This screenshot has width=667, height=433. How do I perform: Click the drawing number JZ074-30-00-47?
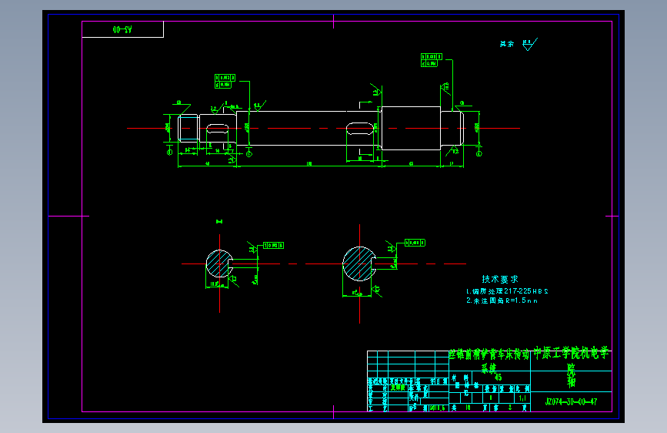click(x=571, y=401)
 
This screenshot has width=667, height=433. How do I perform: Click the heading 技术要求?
click(x=500, y=279)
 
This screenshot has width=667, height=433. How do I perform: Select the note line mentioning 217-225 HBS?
click(x=508, y=291)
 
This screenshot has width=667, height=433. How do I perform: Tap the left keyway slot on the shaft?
click(x=217, y=128)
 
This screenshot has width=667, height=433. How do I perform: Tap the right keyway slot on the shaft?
click(x=359, y=128)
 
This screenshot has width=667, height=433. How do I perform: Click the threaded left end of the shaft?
click(x=188, y=128)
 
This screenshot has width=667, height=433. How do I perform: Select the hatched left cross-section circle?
click(x=218, y=264)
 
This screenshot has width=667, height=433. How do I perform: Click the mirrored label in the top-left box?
click(x=122, y=29)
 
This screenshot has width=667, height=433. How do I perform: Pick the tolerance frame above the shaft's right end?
click(x=432, y=59)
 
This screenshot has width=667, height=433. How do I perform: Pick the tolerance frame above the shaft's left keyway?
click(x=224, y=80)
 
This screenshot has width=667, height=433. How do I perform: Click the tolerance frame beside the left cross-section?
click(x=274, y=245)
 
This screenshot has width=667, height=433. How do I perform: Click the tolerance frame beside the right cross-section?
click(x=415, y=243)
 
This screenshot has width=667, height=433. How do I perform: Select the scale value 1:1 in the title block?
click(x=522, y=398)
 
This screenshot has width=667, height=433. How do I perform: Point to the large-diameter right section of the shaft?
click(x=411, y=128)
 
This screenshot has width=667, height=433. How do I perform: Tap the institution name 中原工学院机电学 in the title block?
click(x=571, y=354)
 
